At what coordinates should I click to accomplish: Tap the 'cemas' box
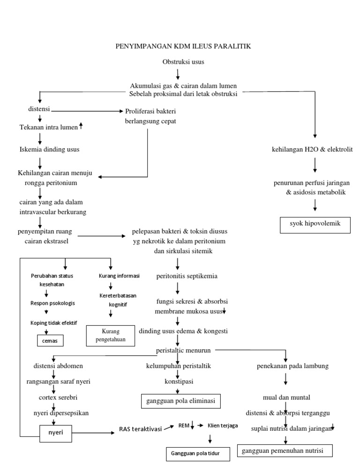(50, 340)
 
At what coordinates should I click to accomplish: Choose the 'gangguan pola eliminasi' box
(180, 401)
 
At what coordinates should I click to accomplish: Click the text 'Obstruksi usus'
(183, 62)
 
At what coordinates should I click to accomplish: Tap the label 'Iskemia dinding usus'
(49, 150)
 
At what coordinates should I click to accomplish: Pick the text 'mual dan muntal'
(286, 398)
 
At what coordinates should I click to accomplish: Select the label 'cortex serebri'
(55, 397)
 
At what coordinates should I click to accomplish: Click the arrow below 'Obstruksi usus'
(178, 74)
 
